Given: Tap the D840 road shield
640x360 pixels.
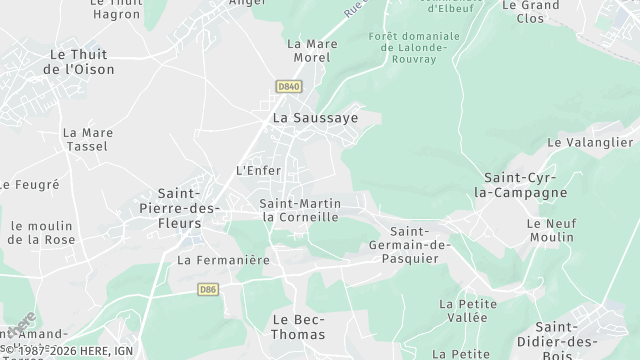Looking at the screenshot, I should click(x=288, y=87).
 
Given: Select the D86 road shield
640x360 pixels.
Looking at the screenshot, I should click(x=208, y=290).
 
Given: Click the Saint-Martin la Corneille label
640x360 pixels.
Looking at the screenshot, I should click(x=300, y=210).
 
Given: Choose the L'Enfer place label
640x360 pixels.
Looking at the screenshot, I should click(x=258, y=170).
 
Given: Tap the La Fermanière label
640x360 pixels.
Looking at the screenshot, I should click(x=223, y=260).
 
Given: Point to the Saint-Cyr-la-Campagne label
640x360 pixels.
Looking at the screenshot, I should click(x=519, y=185).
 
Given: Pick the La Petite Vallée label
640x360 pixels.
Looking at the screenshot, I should click(x=462, y=310).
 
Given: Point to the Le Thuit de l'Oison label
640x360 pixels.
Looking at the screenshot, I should click(x=79, y=62).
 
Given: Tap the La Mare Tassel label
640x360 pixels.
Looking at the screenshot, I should click(x=88, y=139).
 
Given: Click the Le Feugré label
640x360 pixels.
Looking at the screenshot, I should click(x=31, y=185).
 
